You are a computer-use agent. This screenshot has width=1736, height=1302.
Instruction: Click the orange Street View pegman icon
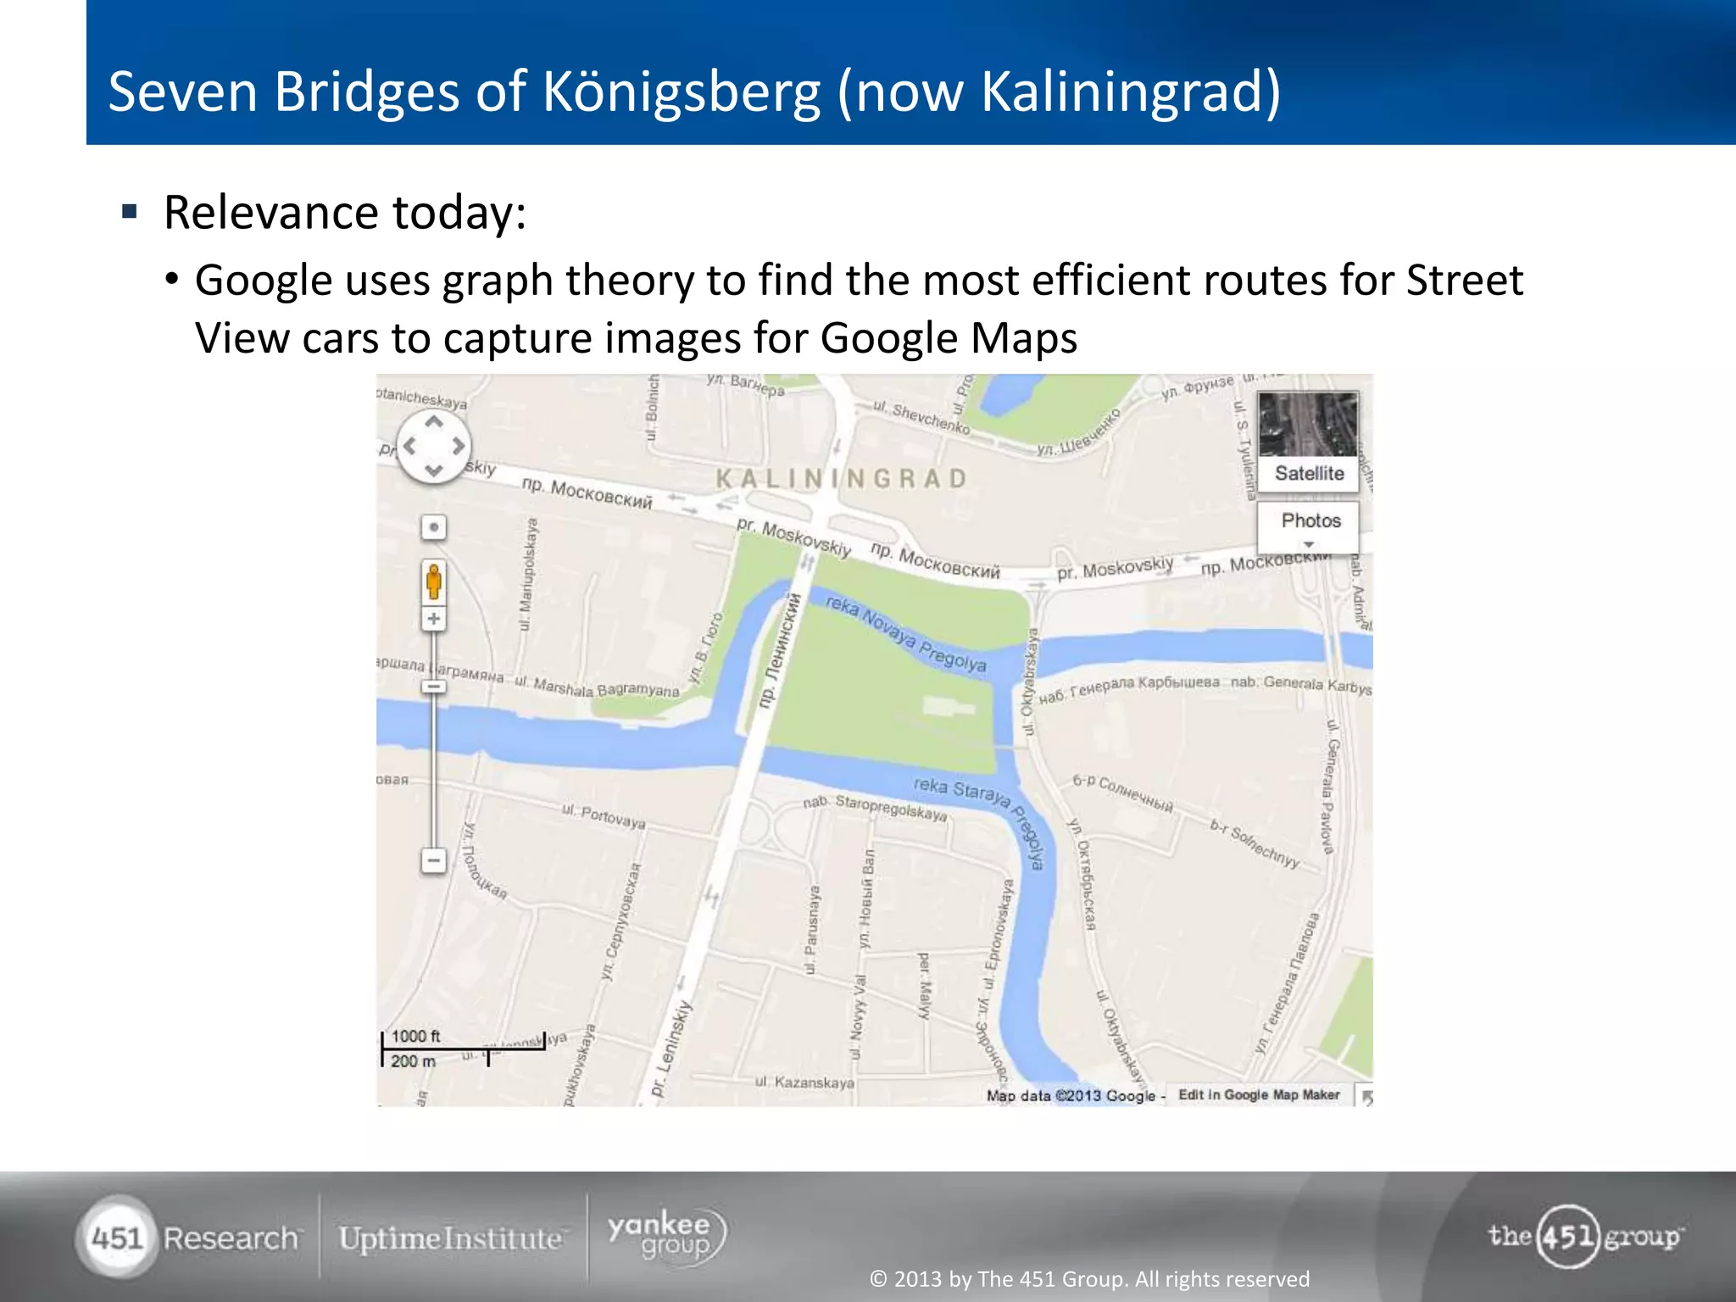(x=433, y=582)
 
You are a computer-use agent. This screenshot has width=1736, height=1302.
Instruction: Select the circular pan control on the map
(x=434, y=446)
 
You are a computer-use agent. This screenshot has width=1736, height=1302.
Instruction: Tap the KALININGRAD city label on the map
(x=841, y=479)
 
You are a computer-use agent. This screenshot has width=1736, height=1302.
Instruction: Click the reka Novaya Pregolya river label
(x=906, y=633)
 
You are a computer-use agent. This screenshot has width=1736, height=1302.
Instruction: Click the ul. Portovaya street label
(x=604, y=816)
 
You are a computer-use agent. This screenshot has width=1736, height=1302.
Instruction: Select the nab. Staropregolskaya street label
(x=875, y=807)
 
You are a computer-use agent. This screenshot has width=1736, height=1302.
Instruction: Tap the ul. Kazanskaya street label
(x=804, y=1082)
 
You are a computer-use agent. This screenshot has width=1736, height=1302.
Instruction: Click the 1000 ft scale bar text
(x=415, y=1036)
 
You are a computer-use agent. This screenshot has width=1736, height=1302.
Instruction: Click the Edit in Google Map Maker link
(x=1259, y=1095)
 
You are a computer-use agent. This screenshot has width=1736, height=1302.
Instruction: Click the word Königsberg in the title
(x=682, y=92)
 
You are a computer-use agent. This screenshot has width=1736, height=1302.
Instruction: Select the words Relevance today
(x=345, y=212)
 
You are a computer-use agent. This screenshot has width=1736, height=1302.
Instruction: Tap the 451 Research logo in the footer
(x=188, y=1238)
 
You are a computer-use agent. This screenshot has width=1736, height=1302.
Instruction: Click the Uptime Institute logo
(x=450, y=1238)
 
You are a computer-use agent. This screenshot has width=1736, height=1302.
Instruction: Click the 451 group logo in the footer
(x=1584, y=1237)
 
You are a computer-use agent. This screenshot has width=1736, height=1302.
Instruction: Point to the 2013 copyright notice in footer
(x=1089, y=1278)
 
